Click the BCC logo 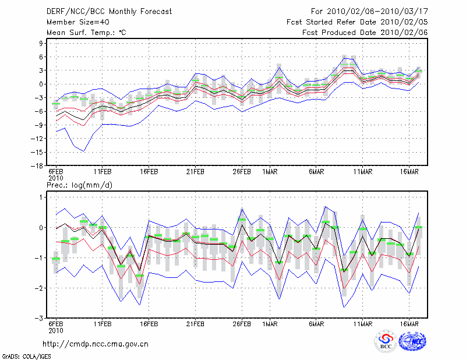click(x=386, y=341)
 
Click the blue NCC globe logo click(x=412, y=341)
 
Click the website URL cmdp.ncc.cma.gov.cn click(x=96, y=344)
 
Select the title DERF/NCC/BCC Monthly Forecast click(x=109, y=12)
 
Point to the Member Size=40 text click(x=78, y=22)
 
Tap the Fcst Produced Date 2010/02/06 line click(x=365, y=33)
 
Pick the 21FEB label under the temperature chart click(x=195, y=172)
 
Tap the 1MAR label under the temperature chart click(x=270, y=172)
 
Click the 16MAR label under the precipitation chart click(x=409, y=324)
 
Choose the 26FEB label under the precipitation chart click(x=242, y=324)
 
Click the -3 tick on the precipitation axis click(x=39, y=318)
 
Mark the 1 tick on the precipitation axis click(x=41, y=197)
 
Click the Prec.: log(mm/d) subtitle click(x=79, y=185)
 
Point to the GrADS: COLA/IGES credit click(x=26, y=357)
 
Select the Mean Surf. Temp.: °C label click(x=86, y=33)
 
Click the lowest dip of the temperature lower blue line click(x=84, y=151)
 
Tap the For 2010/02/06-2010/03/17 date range click(x=369, y=12)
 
